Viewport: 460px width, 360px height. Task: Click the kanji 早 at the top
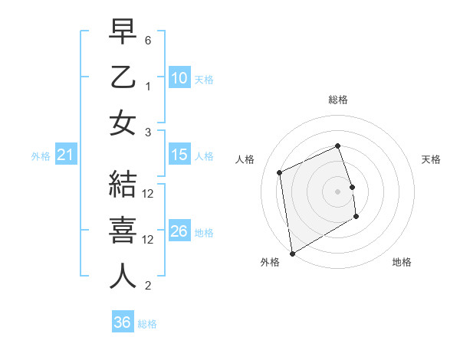(123, 32)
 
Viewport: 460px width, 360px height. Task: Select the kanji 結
(123, 186)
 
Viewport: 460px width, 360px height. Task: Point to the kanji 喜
(123, 231)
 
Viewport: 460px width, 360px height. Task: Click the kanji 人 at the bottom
(123, 277)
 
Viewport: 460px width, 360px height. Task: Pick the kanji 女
(123, 123)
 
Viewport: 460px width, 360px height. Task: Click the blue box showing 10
(179, 77)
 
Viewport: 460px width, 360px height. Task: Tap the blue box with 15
(179, 155)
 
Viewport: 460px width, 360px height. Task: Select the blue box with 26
(179, 231)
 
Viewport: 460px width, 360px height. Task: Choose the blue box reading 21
(65, 155)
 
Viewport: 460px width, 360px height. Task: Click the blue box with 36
(122, 322)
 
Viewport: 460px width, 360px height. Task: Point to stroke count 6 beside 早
(148, 39)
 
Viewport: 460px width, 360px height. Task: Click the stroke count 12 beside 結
(149, 194)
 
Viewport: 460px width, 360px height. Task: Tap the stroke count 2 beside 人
(148, 286)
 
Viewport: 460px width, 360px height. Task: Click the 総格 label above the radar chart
(337, 100)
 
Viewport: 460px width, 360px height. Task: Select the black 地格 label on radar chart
(402, 262)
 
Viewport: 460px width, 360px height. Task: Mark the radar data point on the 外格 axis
(292, 253)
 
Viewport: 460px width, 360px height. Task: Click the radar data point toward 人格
(280, 172)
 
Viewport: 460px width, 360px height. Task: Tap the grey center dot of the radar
(337, 191)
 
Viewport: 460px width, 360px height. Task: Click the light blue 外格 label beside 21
(41, 156)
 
